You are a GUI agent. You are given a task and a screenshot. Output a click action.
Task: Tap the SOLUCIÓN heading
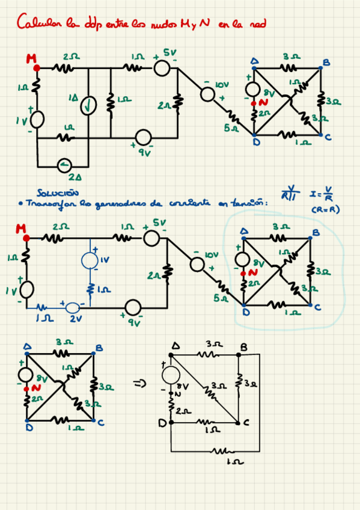(x=57, y=193)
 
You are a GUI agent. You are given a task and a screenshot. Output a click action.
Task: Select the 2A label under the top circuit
(x=75, y=177)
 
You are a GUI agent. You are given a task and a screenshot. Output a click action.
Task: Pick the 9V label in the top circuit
(x=144, y=153)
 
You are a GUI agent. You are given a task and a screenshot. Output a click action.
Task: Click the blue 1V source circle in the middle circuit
(x=91, y=260)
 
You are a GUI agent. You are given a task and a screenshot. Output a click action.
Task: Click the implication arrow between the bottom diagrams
(x=139, y=386)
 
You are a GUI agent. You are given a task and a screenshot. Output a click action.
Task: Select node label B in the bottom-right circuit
(x=243, y=348)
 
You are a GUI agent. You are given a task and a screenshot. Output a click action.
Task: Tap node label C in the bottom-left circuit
(x=100, y=423)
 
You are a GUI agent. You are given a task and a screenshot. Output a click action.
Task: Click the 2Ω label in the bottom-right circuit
(x=183, y=411)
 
